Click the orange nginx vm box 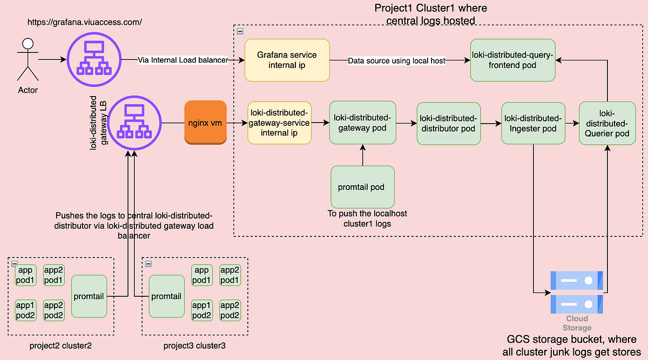click(205, 122)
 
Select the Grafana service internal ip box click(287, 60)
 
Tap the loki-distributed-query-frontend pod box click(512, 60)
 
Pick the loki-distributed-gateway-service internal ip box click(279, 123)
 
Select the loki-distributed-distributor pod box click(448, 123)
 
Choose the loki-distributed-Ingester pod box click(533, 123)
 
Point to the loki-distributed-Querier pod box click(607, 124)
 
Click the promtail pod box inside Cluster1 click(362, 187)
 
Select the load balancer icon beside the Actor click(94, 60)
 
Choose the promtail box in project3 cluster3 click(166, 296)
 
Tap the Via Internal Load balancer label click(183, 60)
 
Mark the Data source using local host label click(396, 61)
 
